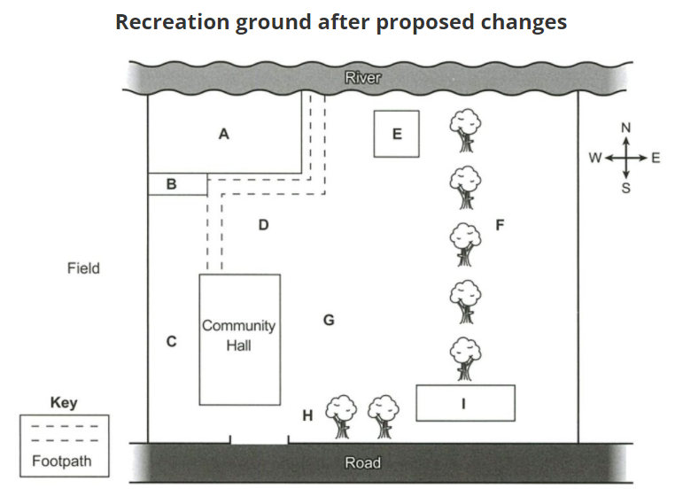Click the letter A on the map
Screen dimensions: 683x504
click(223, 134)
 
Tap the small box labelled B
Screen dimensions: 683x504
click(178, 184)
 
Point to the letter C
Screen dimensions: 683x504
click(172, 341)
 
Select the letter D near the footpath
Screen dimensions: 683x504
click(263, 225)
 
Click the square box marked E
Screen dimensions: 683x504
click(396, 134)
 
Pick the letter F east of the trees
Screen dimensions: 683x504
click(500, 225)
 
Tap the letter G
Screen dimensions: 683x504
click(329, 320)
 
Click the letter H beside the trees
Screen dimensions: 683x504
click(307, 415)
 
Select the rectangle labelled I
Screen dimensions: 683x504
click(466, 403)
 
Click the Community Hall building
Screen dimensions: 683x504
click(239, 340)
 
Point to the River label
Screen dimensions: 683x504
click(363, 78)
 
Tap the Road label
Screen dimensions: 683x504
click(363, 462)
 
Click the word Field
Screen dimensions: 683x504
click(83, 268)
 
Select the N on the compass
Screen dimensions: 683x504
click(626, 128)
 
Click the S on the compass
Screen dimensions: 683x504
click(626, 188)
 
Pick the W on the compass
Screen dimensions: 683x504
click(595, 158)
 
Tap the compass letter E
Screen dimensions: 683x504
click(656, 158)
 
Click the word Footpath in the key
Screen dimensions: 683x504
click(62, 461)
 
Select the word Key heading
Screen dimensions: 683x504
click(64, 402)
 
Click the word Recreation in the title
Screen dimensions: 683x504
click(173, 22)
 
